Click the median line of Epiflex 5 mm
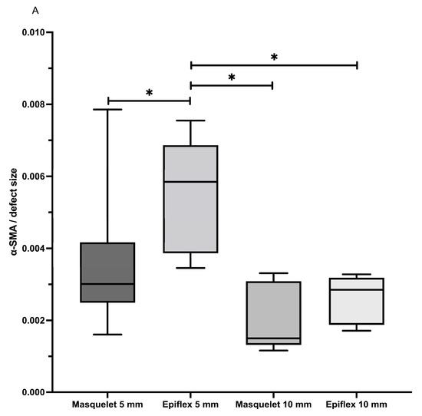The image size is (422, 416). coord(190,182)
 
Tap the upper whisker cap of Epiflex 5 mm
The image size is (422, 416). coord(190,121)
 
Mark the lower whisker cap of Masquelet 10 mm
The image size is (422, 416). coord(273,351)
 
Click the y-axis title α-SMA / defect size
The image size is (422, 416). coord(13,213)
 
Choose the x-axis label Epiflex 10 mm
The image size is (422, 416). coord(357,404)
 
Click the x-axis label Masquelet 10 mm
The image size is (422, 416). coord(273,404)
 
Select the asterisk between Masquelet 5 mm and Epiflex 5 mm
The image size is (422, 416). coord(150,93)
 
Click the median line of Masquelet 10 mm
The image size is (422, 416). coord(273,338)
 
